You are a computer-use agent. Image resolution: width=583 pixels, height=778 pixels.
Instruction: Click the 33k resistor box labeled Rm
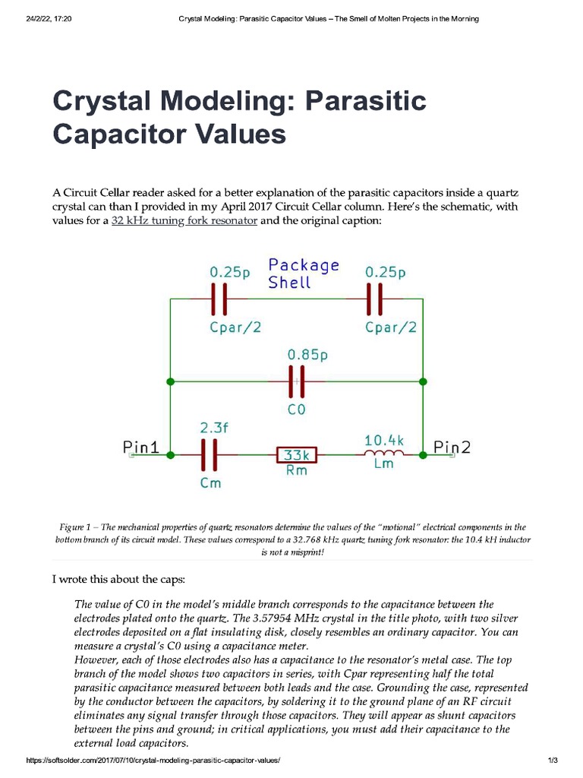(x=295, y=455)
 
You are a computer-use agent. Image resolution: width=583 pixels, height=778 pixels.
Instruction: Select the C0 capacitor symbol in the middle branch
(x=296, y=381)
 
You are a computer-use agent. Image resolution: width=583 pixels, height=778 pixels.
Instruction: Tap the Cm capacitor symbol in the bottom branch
(x=210, y=455)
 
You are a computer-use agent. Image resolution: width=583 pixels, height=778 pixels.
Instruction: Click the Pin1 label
(x=141, y=448)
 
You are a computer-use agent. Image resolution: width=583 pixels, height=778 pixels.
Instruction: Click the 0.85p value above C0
(x=307, y=354)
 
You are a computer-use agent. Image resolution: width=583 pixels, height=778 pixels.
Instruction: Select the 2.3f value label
(x=215, y=428)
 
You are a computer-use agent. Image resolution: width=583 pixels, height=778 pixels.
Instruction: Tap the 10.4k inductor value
(x=385, y=440)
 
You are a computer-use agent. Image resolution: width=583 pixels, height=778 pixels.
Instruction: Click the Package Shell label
(x=303, y=274)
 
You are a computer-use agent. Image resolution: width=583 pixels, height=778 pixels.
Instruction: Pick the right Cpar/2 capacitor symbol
(x=373, y=299)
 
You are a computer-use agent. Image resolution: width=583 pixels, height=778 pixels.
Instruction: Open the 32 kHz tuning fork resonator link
(x=184, y=221)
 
